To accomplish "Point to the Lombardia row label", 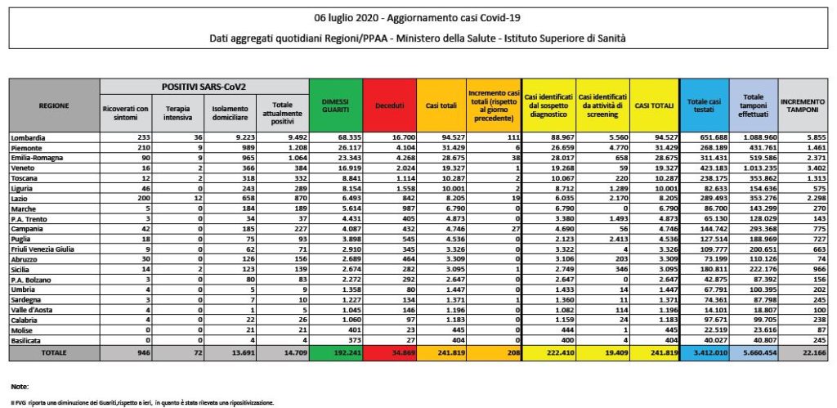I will [x=29, y=136].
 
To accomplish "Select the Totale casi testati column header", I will [x=704, y=105].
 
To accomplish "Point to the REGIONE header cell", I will [x=53, y=105].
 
